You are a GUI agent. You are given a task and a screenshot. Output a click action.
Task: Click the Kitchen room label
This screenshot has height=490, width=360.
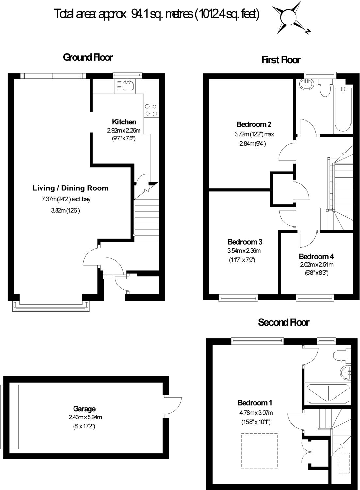tap(124, 122)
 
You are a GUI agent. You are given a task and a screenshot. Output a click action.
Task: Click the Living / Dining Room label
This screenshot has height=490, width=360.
tap(71, 188)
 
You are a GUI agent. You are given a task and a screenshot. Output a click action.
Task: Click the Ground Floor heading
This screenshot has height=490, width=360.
tap(88, 57)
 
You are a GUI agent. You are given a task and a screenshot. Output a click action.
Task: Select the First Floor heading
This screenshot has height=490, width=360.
tap(281, 60)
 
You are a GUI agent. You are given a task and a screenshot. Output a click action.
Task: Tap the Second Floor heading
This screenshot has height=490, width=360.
tap(284, 322)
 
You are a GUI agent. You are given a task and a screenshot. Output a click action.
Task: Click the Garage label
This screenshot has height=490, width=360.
tap(84, 409)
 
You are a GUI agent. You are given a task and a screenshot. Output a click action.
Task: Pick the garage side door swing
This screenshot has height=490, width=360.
tap(173, 406)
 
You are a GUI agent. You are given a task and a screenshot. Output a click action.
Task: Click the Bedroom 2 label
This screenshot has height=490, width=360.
tap(254, 124)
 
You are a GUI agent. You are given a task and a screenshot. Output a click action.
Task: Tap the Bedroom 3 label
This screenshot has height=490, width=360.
tap(245, 242)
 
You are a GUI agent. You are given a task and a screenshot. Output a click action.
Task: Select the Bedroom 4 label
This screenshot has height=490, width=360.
tap(316, 256)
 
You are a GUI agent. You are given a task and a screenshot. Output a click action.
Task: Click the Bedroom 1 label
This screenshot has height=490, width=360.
tap(255, 403)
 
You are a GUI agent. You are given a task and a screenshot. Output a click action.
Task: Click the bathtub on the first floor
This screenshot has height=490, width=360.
tap(343, 109)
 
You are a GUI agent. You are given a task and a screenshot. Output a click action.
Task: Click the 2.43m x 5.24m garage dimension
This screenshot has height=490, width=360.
tap(85, 417)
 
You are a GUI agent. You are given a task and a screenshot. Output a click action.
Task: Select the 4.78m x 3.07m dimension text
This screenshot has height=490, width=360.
tap(256, 413)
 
